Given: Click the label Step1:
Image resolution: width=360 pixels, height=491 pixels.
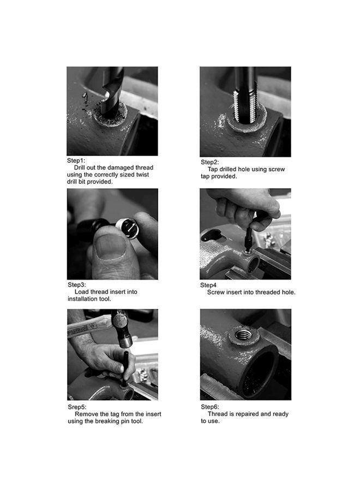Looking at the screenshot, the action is click(76, 160).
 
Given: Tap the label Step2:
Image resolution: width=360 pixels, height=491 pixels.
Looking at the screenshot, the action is click(210, 162).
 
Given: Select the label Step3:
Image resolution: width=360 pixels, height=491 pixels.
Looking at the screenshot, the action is click(77, 285).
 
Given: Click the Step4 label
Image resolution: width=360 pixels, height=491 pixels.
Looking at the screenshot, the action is click(208, 285).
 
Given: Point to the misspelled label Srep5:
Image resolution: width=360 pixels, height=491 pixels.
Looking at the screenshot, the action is click(77, 407).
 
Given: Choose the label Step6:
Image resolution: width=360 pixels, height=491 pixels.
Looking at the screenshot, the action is click(210, 407).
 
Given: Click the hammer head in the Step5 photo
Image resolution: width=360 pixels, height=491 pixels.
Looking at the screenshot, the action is click(122, 329).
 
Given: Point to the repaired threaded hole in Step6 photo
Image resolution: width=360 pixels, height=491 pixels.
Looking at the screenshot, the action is click(243, 335).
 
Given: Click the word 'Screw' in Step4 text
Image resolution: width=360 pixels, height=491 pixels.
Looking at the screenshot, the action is click(215, 292).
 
